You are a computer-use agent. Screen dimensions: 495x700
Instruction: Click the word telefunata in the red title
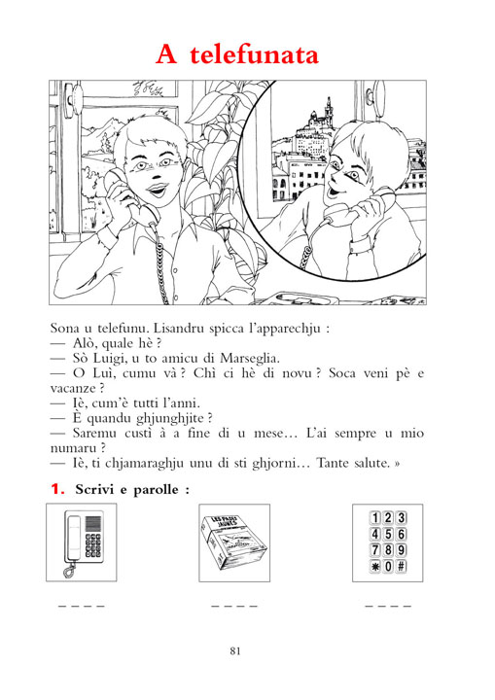tap(254, 54)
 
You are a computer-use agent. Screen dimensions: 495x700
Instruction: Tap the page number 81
tap(235, 650)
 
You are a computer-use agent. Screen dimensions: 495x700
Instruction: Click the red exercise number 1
tap(57, 489)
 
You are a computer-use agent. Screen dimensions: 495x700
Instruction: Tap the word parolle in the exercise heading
tap(157, 490)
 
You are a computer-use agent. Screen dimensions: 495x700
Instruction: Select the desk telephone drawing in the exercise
tap(84, 542)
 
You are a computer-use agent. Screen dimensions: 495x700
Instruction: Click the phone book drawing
tap(234, 542)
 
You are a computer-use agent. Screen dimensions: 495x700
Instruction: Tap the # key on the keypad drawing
tap(402, 567)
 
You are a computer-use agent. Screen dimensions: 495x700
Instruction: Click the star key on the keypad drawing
tap(374, 567)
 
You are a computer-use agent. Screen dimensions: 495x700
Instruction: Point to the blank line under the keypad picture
tap(388, 607)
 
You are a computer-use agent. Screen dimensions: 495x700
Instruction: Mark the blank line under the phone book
tap(234, 607)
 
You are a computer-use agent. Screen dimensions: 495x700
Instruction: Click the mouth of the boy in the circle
tap(332, 192)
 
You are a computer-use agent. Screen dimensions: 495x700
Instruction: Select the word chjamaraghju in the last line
tap(144, 464)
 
